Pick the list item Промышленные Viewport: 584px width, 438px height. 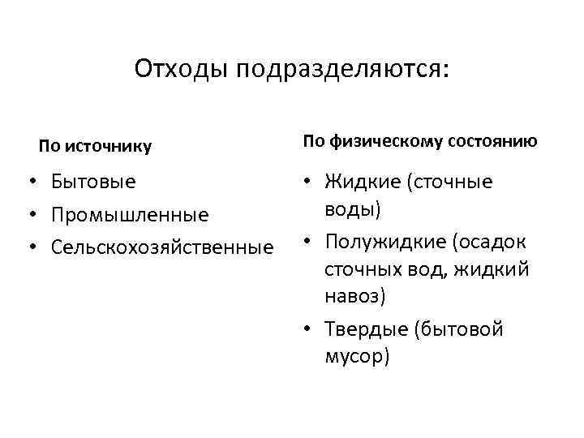129,215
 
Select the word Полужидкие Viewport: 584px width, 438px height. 384,242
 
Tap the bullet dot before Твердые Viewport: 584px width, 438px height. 310,329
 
